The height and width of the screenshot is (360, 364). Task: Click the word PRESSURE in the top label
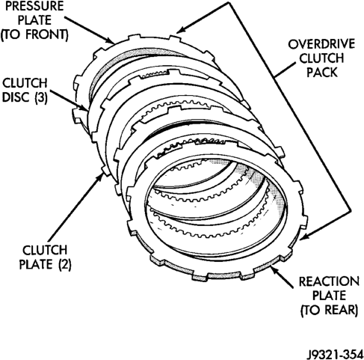(x=34, y=6)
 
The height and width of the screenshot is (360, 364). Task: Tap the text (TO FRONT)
(x=34, y=34)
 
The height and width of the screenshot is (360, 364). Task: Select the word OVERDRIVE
(x=321, y=44)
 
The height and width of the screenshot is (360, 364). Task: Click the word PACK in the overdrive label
(x=322, y=73)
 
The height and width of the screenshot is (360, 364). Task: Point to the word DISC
(x=15, y=97)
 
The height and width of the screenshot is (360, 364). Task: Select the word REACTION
(x=329, y=281)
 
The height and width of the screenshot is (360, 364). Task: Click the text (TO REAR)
(x=329, y=310)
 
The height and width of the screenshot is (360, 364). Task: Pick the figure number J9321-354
(x=335, y=354)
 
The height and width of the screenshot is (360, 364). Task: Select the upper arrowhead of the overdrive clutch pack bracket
(x=180, y=30)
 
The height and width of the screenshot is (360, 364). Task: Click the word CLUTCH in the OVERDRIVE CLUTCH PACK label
(x=321, y=58)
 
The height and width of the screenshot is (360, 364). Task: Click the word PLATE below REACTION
(x=329, y=296)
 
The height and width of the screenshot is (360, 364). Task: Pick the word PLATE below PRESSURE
(x=34, y=20)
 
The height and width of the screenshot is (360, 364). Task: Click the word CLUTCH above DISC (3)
(x=25, y=83)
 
